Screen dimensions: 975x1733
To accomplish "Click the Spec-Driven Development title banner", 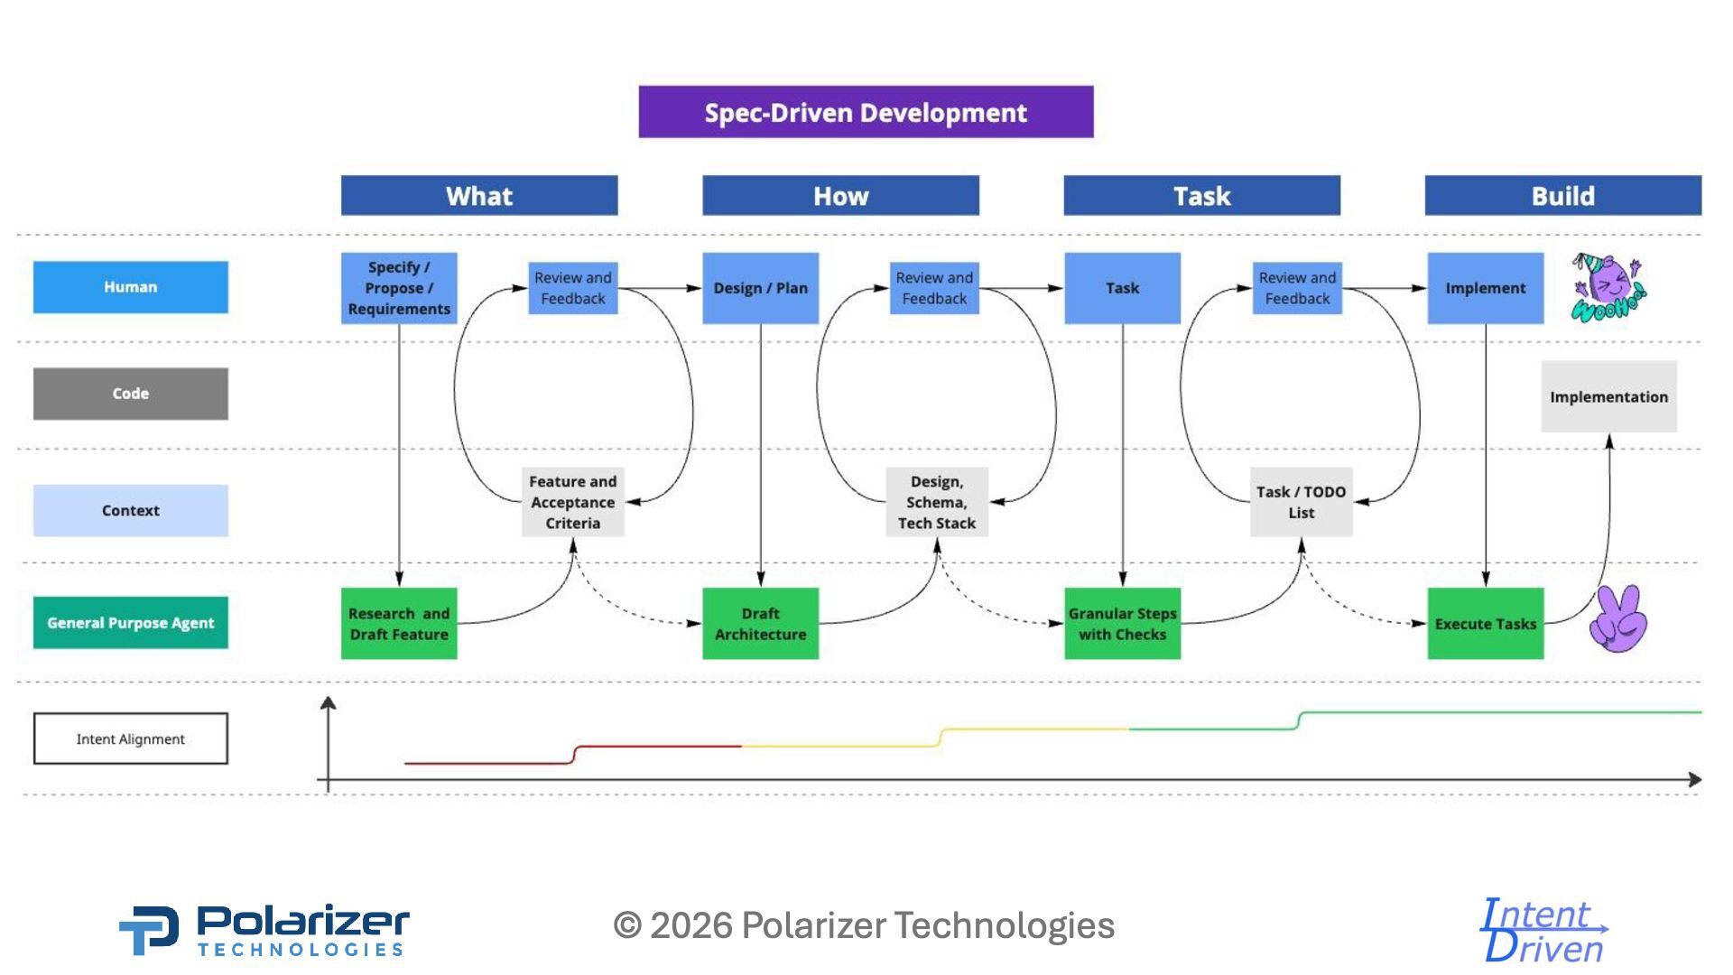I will [866, 112].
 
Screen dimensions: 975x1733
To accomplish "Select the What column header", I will [479, 196].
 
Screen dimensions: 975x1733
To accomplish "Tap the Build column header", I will [1562, 196].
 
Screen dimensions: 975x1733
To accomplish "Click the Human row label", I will [131, 287].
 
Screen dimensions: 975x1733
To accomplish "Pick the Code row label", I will [131, 394].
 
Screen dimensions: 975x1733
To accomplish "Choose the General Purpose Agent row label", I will [131, 623].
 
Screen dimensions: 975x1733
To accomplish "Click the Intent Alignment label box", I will [131, 738].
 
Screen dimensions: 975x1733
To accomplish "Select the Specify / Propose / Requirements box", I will [399, 288].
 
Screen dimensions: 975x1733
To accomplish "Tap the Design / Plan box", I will [760, 288].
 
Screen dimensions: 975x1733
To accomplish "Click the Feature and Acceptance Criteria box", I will [573, 502].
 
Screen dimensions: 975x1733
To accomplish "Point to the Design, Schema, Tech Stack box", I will [937, 502].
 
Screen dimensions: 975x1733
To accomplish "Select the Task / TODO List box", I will [1301, 502].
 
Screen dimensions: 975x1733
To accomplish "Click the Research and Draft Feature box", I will [399, 624].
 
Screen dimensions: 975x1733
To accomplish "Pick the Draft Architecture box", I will [760, 624].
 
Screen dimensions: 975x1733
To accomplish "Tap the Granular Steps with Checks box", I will [1122, 624].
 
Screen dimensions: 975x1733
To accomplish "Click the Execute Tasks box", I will [1485, 624].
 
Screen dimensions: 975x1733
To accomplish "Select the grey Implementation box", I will [1608, 397].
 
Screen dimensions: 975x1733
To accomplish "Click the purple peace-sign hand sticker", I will [1618, 619].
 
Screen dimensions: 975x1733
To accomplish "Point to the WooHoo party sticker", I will [1608, 288].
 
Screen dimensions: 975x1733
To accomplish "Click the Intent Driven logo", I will [1544, 930].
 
